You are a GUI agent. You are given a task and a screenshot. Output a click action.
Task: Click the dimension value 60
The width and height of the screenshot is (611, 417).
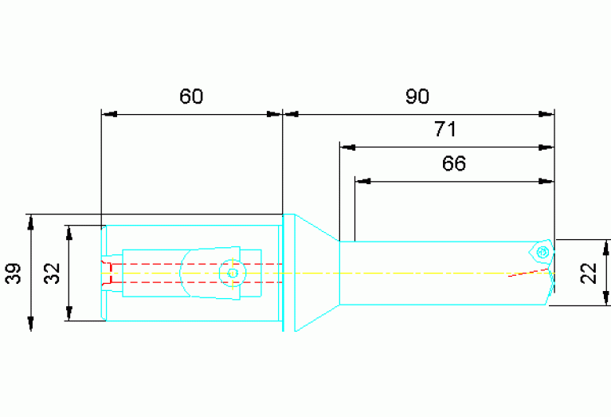pos(191,96)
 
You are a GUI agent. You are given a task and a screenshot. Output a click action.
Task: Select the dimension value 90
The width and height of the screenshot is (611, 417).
pos(417,96)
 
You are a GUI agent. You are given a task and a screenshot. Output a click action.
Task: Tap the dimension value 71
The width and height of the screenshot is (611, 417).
pos(445,129)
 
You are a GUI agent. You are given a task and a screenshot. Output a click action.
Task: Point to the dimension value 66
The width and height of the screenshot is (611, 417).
pos(454,163)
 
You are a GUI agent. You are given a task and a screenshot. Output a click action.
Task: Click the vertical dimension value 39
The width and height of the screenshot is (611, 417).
pos(14,273)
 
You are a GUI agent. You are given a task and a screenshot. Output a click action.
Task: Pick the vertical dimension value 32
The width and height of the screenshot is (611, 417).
pos(52,273)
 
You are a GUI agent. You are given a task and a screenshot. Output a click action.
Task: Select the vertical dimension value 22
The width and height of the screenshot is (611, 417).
pos(589,273)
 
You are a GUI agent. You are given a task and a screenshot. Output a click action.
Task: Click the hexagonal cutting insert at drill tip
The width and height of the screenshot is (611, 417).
pos(541,252)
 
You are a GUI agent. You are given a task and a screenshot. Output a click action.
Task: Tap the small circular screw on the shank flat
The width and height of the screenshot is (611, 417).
pos(233,273)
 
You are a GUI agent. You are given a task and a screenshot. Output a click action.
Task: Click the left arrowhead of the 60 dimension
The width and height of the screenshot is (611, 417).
pos(108,114)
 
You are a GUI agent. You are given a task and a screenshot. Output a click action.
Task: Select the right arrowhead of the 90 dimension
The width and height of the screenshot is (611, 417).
pos(546,114)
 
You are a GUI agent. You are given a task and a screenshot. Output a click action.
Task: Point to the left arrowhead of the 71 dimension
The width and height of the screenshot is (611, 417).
pos(347,148)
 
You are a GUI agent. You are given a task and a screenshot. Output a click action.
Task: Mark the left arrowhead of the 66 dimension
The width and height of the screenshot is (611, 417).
pos(362,181)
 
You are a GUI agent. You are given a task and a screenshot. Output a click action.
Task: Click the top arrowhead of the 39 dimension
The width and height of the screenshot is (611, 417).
pos(31,222)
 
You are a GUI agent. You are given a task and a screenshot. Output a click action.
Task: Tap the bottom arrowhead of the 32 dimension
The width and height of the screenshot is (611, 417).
pos(69,313)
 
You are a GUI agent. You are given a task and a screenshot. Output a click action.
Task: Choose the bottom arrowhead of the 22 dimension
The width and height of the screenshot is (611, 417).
pos(606,298)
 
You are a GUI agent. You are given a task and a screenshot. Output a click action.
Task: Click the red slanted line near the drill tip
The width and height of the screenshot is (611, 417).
pos(528,273)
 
